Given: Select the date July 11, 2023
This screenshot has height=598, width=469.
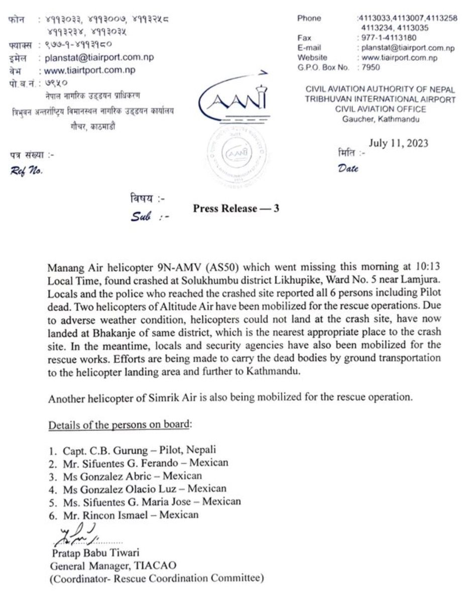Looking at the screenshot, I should (x=398, y=143).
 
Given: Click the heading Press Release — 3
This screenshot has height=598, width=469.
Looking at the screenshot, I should (x=236, y=209).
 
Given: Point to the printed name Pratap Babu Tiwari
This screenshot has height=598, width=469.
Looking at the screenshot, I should (x=95, y=553).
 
